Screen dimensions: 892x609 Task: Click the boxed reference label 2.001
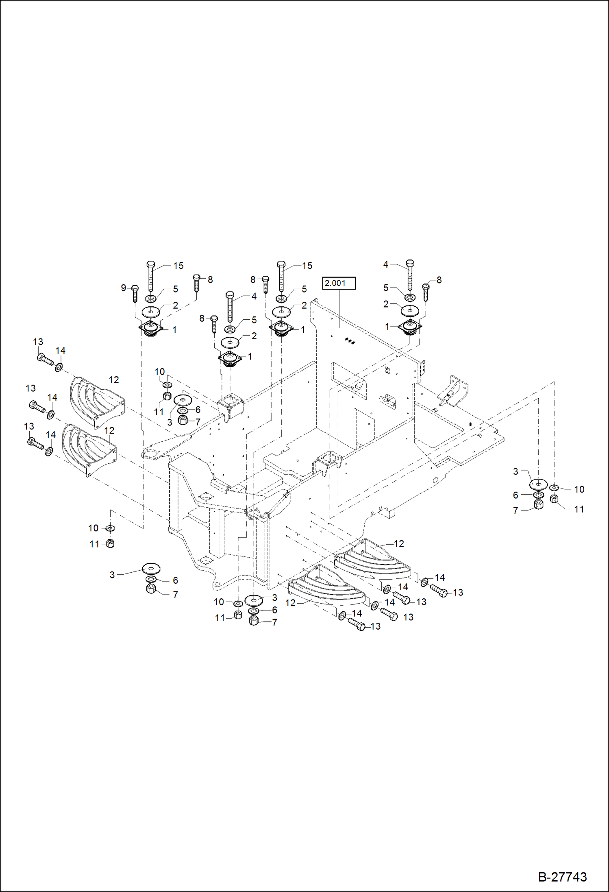tap(339, 283)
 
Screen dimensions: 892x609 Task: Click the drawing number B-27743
tap(562, 877)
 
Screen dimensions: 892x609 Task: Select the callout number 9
tap(124, 288)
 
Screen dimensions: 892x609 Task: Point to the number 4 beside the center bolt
tap(254, 297)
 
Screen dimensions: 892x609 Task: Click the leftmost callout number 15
tap(178, 266)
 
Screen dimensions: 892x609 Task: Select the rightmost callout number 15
tap(307, 266)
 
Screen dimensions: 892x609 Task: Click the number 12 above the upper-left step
tap(114, 380)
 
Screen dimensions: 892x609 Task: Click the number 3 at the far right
tap(515, 471)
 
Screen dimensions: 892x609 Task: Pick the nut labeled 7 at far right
tap(538, 505)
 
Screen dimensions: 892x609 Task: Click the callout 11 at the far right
tap(579, 509)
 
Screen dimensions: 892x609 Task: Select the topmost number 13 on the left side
tap(38, 342)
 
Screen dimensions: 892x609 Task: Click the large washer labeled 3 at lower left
tap(151, 567)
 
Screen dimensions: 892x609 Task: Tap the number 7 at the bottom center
tap(274, 622)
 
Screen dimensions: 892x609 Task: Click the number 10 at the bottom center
tap(219, 602)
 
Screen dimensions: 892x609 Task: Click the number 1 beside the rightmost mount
tap(387, 327)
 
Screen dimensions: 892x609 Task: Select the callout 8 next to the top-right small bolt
tap(439, 280)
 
